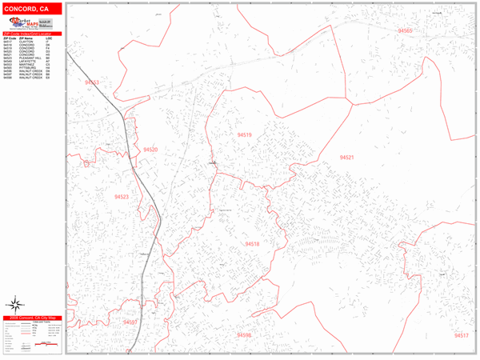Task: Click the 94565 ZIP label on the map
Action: [x=404, y=31]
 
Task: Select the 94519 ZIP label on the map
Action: [x=244, y=135]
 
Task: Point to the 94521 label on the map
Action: [x=346, y=158]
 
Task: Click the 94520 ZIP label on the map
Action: [x=150, y=150]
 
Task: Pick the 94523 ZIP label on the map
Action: [x=122, y=197]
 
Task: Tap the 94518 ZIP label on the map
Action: [x=252, y=243]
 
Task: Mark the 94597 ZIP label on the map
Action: [x=130, y=322]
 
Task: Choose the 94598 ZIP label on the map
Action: [x=243, y=335]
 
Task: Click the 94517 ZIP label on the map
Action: [x=461, y=335]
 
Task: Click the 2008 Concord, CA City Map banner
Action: [x=31, y=318]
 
